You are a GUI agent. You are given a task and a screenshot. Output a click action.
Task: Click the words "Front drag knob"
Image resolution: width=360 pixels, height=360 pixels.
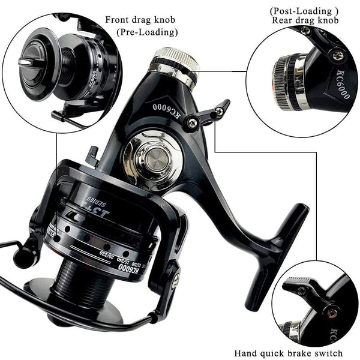point(142,19)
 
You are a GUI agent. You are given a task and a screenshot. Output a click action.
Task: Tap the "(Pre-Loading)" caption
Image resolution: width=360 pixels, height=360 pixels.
point(146,32)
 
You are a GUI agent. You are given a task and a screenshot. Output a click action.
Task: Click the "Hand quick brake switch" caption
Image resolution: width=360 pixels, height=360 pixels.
point(289,353)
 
